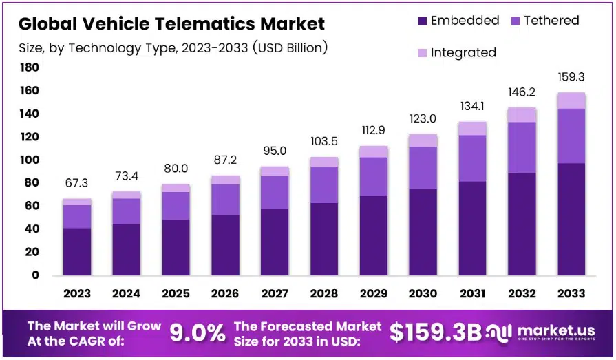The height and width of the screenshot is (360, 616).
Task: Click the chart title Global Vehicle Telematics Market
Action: point(171,24)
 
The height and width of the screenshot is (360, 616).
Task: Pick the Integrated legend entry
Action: point(456,52)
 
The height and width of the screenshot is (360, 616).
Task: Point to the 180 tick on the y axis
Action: point(29,67)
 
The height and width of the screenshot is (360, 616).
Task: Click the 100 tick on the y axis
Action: point(29,160)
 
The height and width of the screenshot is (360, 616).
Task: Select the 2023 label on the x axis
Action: point(77,293)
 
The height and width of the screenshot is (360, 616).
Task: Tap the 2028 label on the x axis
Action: point(324,293)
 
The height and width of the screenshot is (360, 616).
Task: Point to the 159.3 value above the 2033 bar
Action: point(571,77)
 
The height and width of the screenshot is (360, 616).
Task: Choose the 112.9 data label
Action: point(373,131)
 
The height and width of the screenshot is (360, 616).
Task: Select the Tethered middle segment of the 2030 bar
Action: point(423,167)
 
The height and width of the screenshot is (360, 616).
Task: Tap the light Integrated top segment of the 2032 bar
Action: point(522,114)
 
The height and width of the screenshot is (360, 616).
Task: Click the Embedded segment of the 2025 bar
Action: point(176,247)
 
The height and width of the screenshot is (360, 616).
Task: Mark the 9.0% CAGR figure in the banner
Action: point(198,333)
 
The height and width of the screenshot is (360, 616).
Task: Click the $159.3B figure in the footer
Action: point(435,332)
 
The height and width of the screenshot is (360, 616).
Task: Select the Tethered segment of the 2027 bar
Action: point(275,192)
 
